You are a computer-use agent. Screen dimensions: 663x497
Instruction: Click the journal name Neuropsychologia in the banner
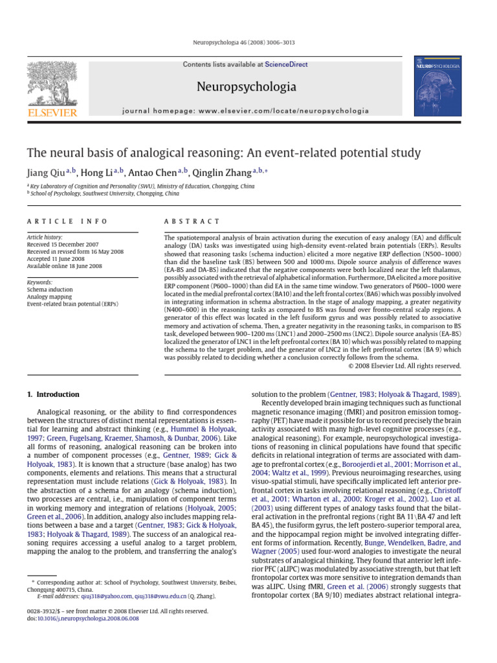click(x=247, y=86)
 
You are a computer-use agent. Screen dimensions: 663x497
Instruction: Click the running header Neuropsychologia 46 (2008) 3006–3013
click(x=248, y=43)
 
